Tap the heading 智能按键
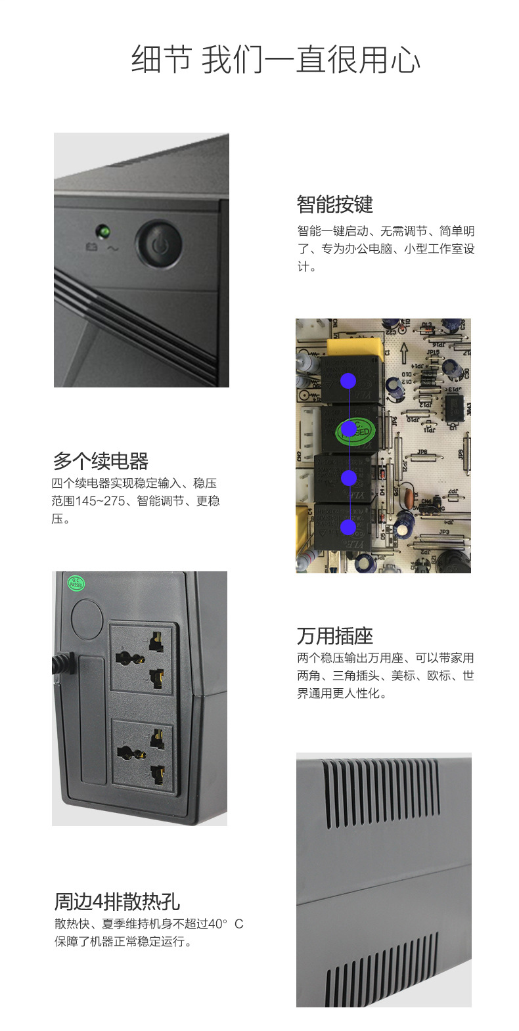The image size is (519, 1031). [335, 204]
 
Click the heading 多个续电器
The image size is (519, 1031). [101, 461]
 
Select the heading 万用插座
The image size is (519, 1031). [335, 636]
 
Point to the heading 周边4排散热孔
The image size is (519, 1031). [117, 902]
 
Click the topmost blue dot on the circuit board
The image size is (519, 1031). [348, 381]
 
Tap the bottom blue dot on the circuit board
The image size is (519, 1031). [348, 527]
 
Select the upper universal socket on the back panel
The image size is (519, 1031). [143, 658]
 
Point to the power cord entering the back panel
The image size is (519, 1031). [63, 664]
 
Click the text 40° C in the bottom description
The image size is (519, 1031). [225, 924]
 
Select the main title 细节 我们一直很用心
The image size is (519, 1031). [276, 60]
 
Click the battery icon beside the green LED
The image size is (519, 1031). [92, 247]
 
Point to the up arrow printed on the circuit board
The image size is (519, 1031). [404, 353]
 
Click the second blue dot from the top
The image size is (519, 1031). [349, 429]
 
